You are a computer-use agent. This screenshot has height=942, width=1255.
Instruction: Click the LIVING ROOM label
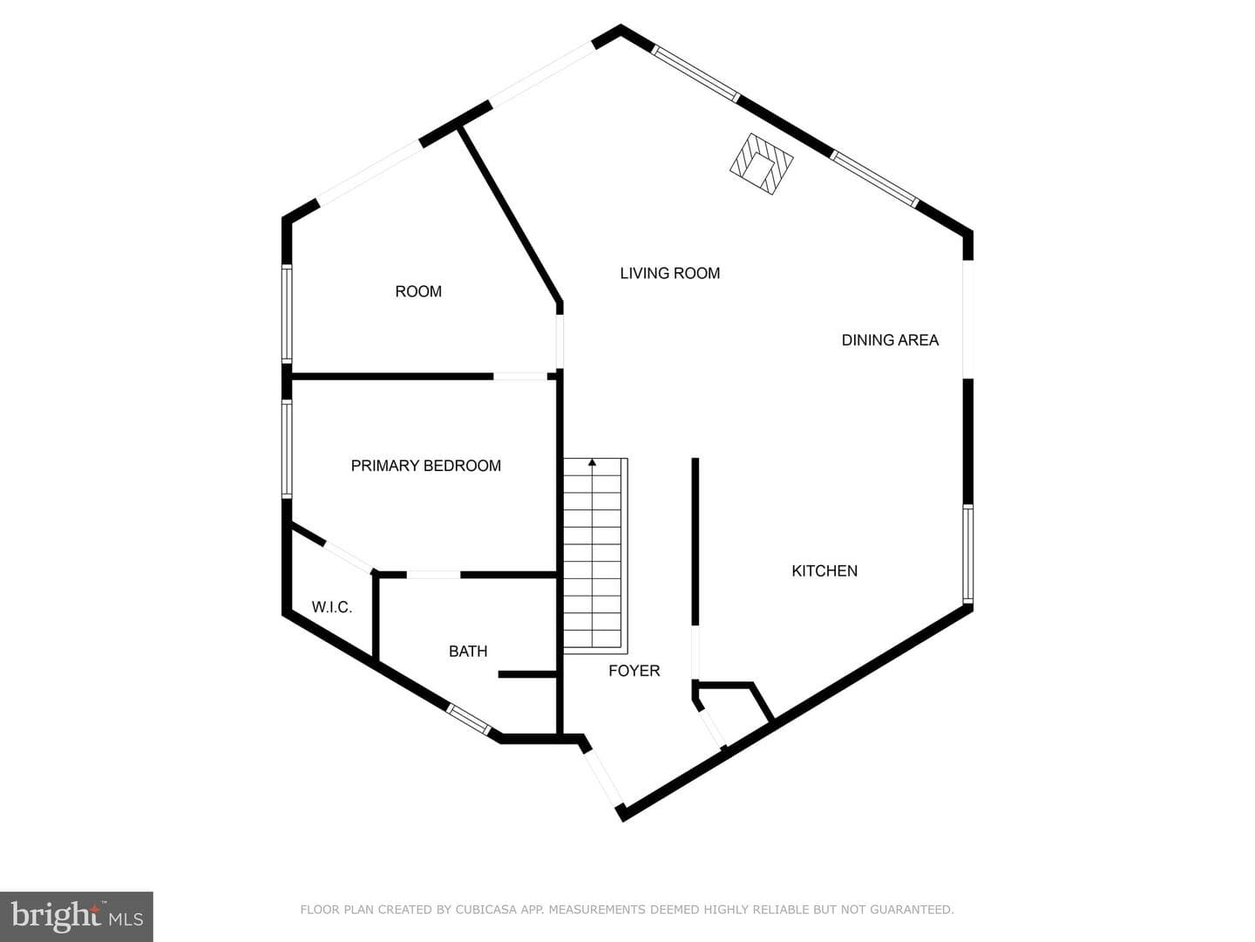click(x=669, y=273)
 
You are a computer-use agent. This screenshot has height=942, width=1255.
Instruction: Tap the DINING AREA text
click(x=890, y=340)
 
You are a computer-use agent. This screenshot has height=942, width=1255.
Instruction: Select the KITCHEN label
click(x=824, y=570)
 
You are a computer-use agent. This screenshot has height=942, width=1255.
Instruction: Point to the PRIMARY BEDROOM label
click(x=426, y=466)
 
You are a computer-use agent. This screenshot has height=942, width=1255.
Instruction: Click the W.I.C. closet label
click(x=332, y=607)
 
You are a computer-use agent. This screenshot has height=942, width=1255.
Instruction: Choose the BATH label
click(x=468, y=651)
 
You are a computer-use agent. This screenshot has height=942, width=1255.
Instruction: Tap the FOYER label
click(x=634, y=671)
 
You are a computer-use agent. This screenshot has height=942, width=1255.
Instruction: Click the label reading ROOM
click(x=418, y=291)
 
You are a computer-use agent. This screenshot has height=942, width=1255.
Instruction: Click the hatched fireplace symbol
click(x=762, y=164)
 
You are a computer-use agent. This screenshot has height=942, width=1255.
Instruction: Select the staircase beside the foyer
click(x=595, y=556)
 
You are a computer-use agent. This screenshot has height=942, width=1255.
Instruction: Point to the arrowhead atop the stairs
click(x=592, y=461)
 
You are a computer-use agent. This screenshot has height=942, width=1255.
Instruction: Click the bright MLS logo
click(x=77, y=916)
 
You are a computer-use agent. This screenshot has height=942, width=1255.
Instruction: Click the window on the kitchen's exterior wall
click(x=967, y=554)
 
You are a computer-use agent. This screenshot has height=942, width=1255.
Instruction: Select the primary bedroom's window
click(x=287, y=448)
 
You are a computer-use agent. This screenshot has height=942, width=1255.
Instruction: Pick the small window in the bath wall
click(x=468, y=719)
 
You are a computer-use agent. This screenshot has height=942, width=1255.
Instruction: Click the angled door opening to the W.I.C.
click(x=349, y=556)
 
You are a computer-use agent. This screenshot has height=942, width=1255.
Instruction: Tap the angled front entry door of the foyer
click(x=602, y=778)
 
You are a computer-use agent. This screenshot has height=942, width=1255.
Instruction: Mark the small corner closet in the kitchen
click(x=733, y=713)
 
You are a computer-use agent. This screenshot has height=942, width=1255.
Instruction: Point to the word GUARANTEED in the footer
click(x=912, y=910)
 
